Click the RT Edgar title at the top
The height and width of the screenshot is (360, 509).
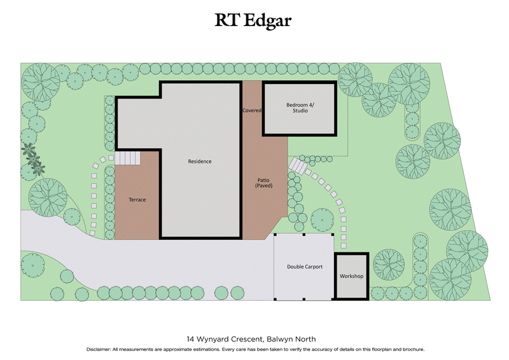click(x=254, y=20)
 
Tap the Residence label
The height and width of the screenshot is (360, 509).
click(x=200, y=162)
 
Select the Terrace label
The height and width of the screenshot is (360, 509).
click(x=137, y=200)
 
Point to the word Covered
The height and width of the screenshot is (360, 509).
click(x=252, y=110)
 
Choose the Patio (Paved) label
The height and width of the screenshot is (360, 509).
click(x=264, y=183)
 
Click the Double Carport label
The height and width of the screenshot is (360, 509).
click(x=305, y=267)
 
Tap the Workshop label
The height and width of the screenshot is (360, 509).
click(x=351, y=276)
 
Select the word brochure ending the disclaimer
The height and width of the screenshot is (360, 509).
click(x=410, y=350)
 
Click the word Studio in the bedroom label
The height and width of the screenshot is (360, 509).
click(x=300, y=111)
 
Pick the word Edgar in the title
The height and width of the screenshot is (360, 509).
click(x=270, y=20)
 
